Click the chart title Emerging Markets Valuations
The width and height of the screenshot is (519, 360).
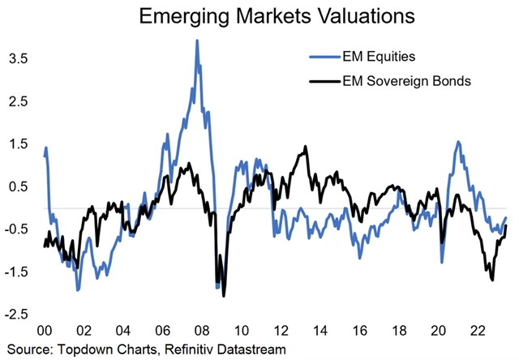260,16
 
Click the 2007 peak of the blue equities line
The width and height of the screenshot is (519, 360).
197,41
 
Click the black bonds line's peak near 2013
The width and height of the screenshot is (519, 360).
305,147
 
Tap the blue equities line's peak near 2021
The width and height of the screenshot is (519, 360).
459,142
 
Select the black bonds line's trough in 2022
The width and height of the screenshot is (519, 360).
493,280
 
